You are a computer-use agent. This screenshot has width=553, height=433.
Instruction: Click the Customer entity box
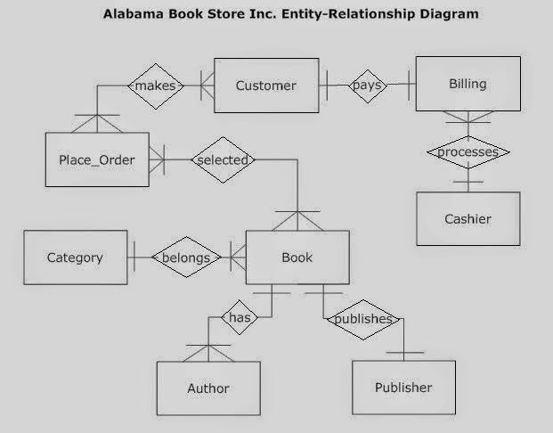click(x=266, y=86)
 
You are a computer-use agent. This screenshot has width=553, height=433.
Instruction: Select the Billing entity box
click(x=468, y=84)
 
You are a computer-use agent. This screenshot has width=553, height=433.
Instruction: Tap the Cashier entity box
click(x=468, y=218)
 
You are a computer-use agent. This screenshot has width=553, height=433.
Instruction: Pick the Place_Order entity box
click(x=97, y=159)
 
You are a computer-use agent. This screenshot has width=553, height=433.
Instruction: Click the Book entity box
click(x=297, y=257)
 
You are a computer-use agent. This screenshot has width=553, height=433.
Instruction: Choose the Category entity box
click(x=75, y=257)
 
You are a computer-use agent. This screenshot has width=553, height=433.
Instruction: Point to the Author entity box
click(x=208, y=388)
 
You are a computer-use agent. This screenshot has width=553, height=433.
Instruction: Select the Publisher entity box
click(x=403, y=387)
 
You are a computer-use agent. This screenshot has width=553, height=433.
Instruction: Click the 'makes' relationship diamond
click(x=156, y=86)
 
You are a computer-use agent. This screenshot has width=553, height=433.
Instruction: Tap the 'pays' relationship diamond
click(x=367, y=86)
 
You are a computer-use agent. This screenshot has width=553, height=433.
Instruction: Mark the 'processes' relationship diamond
click(x=468, y=152)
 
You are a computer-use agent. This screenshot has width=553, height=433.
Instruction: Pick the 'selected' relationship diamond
click(x=223, y=159)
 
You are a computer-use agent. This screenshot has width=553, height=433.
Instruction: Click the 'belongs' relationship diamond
click(x=185, y=258)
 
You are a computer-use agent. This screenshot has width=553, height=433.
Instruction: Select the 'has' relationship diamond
click(x=239, y=317)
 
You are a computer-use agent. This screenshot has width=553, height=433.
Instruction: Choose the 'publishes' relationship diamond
click(x=362, y=319)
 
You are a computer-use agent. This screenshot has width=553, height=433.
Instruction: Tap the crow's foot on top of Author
click(x=208, y=352)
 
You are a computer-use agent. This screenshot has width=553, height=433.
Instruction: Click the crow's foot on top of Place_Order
click(x=97, y=122)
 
